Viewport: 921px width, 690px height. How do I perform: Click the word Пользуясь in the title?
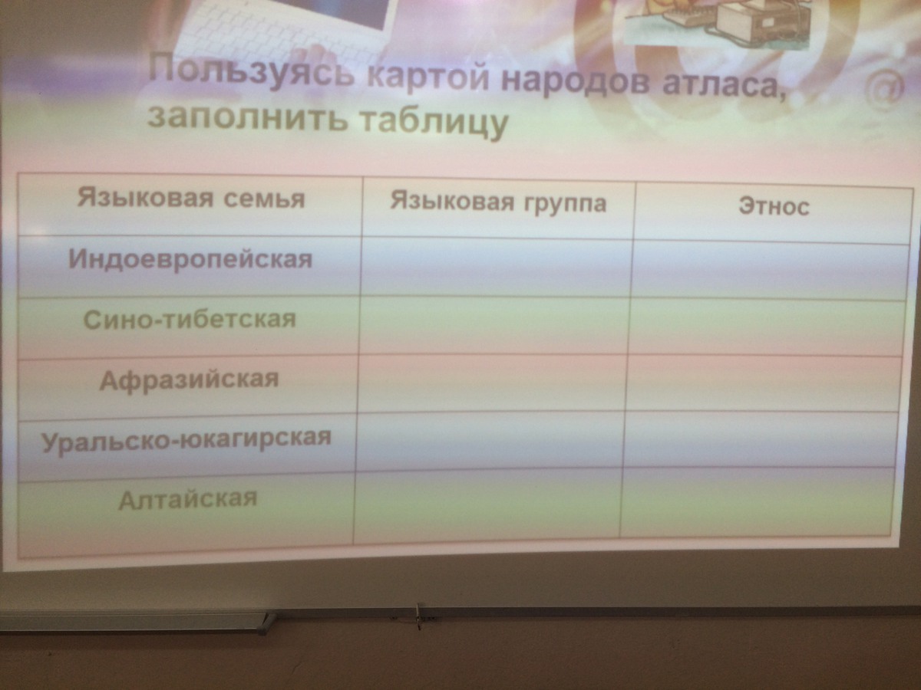[x=249, y=71]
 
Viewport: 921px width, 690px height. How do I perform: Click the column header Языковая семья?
[x=191, y=198]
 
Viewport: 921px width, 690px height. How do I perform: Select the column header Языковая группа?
[x=498, y=203]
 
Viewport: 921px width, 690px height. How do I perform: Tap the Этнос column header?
[x=774, y=207]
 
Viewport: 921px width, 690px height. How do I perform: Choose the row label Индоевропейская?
[x=190, y=259]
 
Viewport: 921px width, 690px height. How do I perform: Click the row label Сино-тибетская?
[x=190, y=320]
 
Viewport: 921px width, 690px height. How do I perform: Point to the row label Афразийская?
[x=190, y=379]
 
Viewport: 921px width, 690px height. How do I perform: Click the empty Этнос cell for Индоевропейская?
[x=770, y=271]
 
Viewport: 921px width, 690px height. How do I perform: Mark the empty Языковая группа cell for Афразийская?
[x=493, y=384]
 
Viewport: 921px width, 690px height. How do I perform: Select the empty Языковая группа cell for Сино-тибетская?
[x=494, y=327]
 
